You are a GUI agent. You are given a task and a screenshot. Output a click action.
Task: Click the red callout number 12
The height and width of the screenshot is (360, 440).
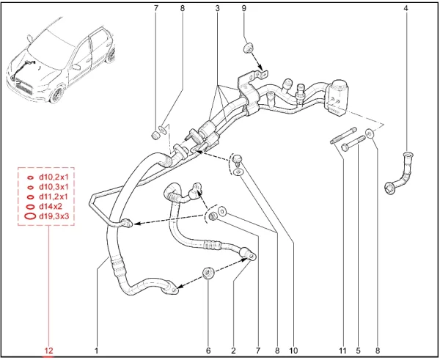click(x=48, y=350)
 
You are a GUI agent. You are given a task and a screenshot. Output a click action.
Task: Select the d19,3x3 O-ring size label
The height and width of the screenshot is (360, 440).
click(x=54, y=216)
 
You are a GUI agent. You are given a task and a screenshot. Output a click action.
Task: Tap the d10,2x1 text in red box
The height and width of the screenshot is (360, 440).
click(x=54, y=177)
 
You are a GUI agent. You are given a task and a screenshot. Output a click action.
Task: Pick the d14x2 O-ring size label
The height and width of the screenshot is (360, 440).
click(x=50, y=207)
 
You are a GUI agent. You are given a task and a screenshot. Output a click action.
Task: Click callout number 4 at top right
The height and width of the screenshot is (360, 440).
click(x=406, y=8)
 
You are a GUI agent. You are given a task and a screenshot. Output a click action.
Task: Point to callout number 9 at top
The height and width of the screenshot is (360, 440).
click(x=244, y=8)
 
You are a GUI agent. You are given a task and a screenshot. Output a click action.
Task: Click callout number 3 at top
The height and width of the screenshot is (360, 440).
click(x=218, y=8)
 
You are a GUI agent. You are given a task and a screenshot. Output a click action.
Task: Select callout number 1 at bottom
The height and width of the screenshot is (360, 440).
click(x=96, y=350)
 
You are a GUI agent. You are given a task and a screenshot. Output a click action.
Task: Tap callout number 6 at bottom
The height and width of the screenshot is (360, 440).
click(x=208, y=350)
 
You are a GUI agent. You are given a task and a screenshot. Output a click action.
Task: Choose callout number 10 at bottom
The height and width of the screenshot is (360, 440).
click(x=293, y=350)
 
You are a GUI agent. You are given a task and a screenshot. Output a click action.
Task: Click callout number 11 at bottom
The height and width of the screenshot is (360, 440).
click(x=342, y=350)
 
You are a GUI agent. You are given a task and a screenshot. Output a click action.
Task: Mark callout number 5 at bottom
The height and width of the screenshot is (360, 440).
click(x=359, y=350)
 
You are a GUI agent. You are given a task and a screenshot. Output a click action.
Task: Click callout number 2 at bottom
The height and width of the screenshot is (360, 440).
click(x=233, y=350)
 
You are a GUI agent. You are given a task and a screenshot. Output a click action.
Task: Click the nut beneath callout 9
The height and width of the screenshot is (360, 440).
click(x=248, y=48)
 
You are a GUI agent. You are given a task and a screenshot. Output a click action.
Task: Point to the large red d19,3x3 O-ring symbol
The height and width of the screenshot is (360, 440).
click(x=30, y=216)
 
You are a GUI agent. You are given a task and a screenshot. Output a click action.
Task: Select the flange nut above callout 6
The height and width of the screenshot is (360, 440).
click(x=208, y=273)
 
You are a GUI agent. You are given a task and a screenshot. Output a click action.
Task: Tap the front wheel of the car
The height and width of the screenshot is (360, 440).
click(x=57, y=95)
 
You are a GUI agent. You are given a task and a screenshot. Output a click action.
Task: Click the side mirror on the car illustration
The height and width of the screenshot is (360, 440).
click(x=76, y=67)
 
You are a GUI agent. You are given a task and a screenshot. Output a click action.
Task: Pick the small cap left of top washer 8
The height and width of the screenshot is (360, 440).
click(x=155, y=135)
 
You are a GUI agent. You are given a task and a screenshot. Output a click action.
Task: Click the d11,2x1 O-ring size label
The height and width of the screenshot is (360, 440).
click(x=54, y=196)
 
